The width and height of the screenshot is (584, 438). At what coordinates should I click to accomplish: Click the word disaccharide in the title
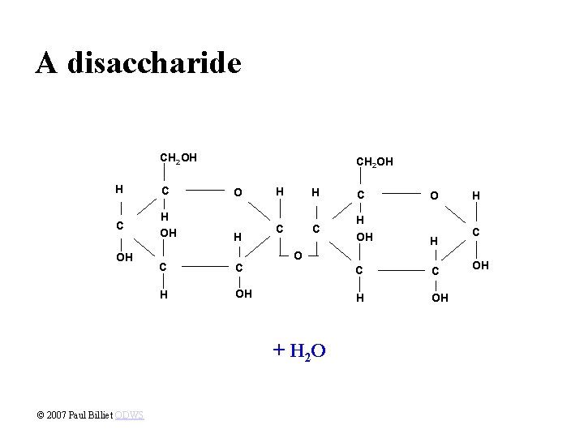click(154, 62)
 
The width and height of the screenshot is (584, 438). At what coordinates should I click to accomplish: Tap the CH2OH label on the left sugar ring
click(179, 157)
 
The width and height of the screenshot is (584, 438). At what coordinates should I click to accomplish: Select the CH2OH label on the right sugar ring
click(375, 162)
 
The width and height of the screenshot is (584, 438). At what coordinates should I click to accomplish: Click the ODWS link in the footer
click(129, 414)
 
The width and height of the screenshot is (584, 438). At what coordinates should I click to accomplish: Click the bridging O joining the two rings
click(298, 255)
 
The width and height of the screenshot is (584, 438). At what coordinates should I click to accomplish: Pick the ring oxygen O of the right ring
click(434, 195)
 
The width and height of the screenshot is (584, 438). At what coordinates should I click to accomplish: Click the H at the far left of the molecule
click(118, 189)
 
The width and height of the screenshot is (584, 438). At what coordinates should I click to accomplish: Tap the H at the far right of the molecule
click(477, 195)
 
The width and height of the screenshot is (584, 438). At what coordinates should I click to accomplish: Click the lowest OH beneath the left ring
click(243, 294)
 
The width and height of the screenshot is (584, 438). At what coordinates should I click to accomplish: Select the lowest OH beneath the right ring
click(439, 298)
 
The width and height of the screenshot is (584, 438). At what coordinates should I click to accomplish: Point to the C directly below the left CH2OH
click(165, 191)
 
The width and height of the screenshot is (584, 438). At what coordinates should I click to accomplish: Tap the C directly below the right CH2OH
click(360, 195)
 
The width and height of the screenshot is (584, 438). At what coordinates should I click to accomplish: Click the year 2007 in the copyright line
click(55, 414)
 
